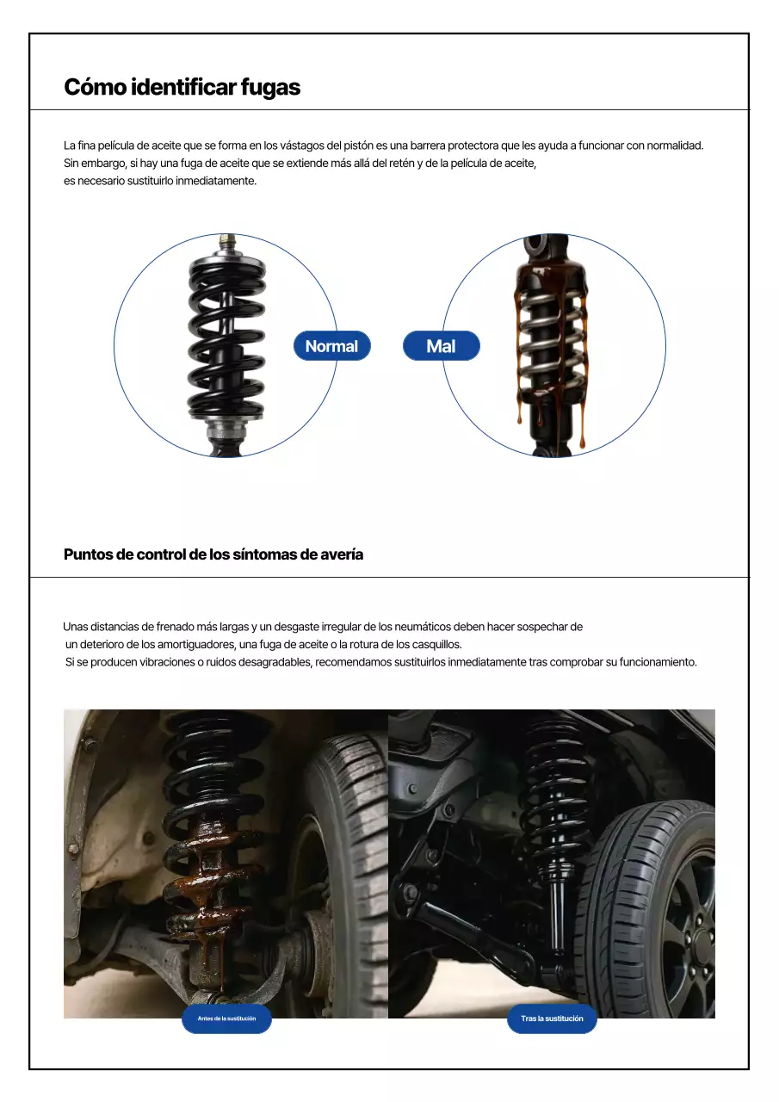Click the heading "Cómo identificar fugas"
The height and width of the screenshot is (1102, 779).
coord(182,87)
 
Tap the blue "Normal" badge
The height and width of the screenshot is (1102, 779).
coord(331,346)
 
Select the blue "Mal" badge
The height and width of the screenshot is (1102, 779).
coord(441,346)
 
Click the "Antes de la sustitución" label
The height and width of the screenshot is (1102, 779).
coord(226,1018)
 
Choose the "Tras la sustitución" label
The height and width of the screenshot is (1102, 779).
coord(552,1018)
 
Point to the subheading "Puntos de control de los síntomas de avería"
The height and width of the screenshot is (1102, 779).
coord(213,554)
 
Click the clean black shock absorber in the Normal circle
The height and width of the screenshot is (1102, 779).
coord(226,344)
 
